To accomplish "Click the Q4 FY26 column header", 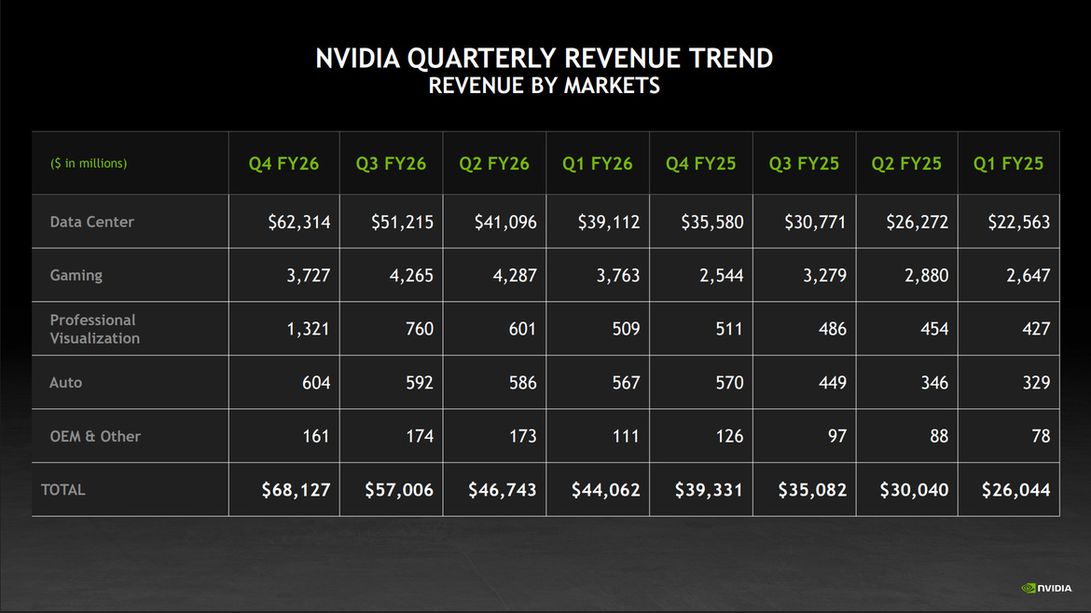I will coord(283,164).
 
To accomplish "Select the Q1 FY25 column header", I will coord(1008,164).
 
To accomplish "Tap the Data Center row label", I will coord(91,222).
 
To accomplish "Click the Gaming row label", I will coord(76,275).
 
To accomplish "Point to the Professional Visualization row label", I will coord(94,329).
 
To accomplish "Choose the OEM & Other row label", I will coord(94,436).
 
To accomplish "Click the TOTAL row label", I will coord(62,489).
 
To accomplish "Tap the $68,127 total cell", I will coord(296,490).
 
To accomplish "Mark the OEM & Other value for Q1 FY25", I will coord(1040,436).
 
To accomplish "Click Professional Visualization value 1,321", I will coord(307,329).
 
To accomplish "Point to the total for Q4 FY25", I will coord(708,490).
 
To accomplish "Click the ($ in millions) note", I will coord(88,164).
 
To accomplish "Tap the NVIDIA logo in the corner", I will coord(1046,588).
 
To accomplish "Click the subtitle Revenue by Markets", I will coord(545,87).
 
